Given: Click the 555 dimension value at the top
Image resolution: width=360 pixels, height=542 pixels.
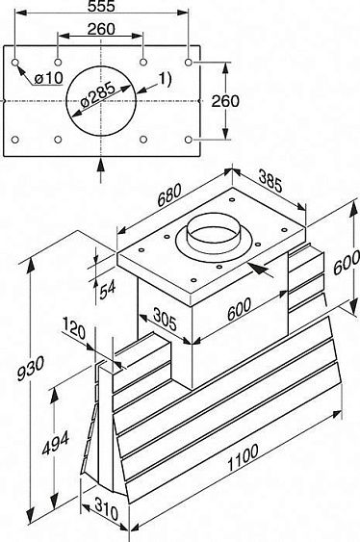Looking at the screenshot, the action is tap(101, 6).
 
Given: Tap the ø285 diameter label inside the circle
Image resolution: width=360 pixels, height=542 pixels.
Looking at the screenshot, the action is tap(98, 94).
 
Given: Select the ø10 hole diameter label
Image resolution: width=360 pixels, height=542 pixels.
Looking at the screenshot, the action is tap(49, 78).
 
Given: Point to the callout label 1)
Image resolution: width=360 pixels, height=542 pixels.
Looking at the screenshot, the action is tap(165, 79).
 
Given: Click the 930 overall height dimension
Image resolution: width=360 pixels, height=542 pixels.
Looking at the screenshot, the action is tap(31, 368).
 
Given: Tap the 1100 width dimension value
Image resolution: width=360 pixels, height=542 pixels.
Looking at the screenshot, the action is tap(243, 458).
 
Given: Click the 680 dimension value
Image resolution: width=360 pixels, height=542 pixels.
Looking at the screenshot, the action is tap(169, 195).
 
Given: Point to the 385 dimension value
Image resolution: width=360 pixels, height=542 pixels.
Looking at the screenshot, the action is tap(270, 182).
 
